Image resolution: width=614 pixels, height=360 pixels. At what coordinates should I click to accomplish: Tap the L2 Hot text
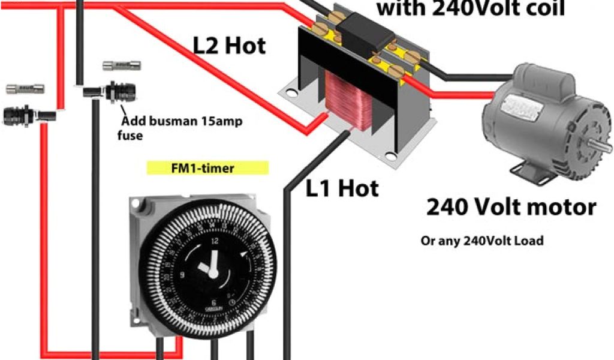click(229, 46)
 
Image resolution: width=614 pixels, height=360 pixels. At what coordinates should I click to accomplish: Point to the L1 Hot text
click(342, 188)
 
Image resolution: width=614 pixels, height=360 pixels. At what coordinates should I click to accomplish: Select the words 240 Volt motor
click(511, 207)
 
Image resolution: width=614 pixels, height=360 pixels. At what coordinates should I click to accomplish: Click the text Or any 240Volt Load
click(481, 241)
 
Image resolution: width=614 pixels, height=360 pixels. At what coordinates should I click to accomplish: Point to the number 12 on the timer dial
click(215, 239)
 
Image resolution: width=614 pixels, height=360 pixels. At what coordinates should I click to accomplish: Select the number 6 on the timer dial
click(214, 303)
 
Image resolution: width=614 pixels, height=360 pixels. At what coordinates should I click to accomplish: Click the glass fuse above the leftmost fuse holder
click(25, 89)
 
